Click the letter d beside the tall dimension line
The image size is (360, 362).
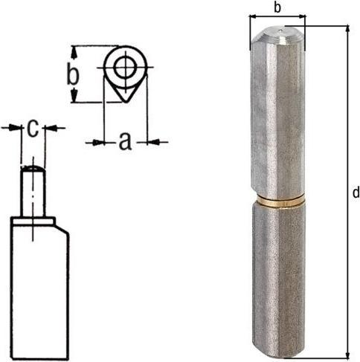tap(355, 193)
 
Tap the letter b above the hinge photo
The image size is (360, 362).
tap(277, 8)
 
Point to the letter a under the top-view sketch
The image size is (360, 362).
tap(125, 140)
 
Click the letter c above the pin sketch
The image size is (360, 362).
tap(33, 128)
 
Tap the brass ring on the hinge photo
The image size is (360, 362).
tap(277, 201)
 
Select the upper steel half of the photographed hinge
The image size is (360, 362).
tap(277, 119)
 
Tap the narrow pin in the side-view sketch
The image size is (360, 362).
tap(33, 190)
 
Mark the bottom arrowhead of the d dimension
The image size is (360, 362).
tap(347, 355)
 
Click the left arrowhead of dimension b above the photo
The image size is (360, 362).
tap(252, 16)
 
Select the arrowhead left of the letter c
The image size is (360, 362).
tap(15, 128)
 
